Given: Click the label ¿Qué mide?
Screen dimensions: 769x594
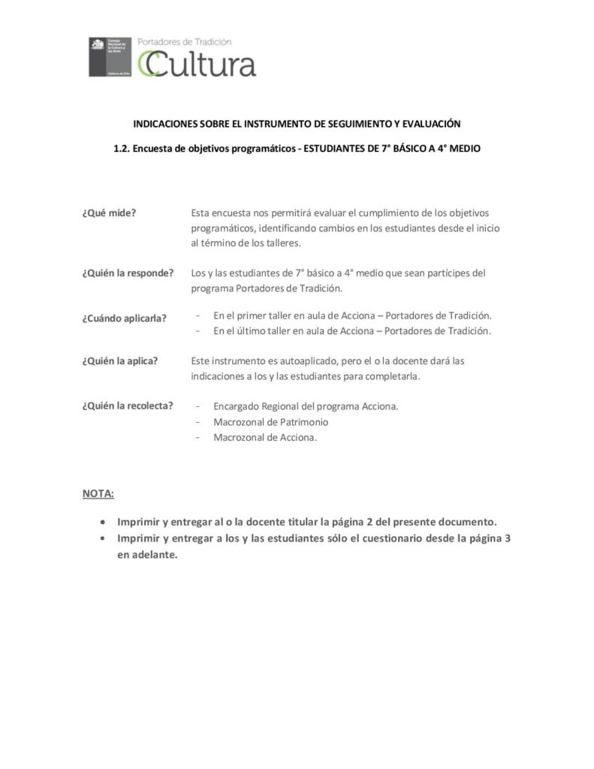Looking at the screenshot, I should pyautogui.click(x=109, y=213).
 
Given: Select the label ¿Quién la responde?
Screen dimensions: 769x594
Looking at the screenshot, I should pyautogui.click(x=128, y=273).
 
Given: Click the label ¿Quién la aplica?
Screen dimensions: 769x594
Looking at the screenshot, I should pyautogui.click(x=120, y=360).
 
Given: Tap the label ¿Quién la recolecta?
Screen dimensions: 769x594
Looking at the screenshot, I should pyautogui.click(x=128, y=406).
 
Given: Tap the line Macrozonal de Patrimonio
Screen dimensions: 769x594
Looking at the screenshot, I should pyautogui.click(x=270, y=422).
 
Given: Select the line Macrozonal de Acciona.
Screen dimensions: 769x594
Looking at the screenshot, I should pyautogui.click(x=265, y=438).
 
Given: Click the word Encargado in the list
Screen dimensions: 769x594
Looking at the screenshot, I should pyautogui.click(x=237, y=406).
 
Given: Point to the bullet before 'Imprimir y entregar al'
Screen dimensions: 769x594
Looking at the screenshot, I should pyautogui.click(x=103, y=521).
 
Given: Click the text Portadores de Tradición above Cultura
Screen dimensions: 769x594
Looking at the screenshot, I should pyautogui.click(x=185, y=43).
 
